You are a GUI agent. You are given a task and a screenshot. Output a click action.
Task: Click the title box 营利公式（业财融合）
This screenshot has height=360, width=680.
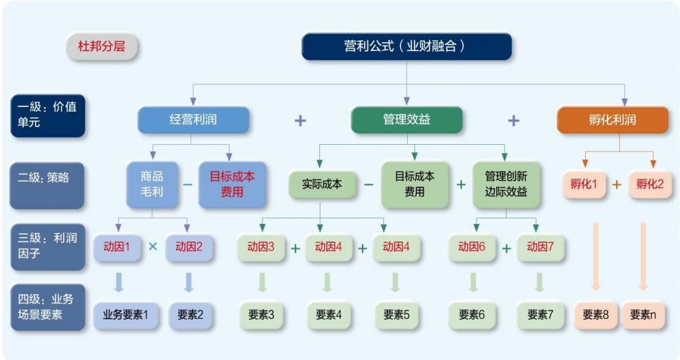[x=406, y=46]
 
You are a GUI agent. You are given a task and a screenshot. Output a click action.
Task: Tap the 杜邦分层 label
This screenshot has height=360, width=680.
[x=102, y=47]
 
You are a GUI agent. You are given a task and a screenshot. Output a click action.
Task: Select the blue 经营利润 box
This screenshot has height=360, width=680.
[x=193, y=120]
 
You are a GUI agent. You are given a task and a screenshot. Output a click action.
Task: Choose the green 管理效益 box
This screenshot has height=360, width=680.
[x=406, y=120]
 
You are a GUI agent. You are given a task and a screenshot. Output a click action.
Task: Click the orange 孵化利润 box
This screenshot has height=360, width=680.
[x=612, y=120]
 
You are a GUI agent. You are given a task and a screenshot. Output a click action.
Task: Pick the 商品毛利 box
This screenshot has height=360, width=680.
[x=151, y=184]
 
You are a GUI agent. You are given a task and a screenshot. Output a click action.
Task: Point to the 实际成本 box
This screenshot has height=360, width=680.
[x=321, y=184]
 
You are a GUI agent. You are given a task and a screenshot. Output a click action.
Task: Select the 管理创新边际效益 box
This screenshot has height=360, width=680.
[x=506, y=184]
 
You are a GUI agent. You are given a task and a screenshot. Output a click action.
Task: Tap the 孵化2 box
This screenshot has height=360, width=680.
[x=649, y=184]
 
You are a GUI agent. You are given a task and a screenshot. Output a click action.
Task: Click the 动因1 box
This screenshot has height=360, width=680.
[x=117, y=247]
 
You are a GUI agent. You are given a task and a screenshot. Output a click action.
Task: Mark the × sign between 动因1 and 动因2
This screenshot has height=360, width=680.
[x=153, y=247]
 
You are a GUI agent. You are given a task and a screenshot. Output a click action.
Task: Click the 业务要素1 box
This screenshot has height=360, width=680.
[x=126, y=315]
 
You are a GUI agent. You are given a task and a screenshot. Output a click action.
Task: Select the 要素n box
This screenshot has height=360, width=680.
[x=643, y=315]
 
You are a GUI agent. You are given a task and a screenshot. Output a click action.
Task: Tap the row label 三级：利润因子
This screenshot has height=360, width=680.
[x=47, y=246]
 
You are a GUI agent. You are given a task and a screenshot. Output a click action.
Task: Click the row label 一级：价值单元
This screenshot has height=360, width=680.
[x=47, y=115]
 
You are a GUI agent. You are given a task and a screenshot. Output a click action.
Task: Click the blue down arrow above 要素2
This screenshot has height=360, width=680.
[x=189, y=282]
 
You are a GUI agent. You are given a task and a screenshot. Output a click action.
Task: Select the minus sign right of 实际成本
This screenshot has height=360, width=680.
[x=369, y=184]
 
